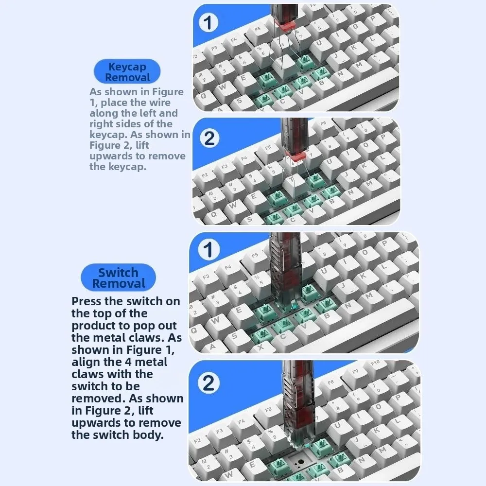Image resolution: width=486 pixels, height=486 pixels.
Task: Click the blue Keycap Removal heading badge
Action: [x=127, y=72]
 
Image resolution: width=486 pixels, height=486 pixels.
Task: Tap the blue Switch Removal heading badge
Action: [x=118, y=278]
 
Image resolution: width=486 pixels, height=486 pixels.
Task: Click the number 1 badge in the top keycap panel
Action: [x=208, y=23]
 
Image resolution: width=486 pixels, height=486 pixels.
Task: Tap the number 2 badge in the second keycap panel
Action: [x=209, y=139]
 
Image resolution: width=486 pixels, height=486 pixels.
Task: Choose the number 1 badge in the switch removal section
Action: [x=208, y=250]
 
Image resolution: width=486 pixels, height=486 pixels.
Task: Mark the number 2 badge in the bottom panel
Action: [x=208, y=383]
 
